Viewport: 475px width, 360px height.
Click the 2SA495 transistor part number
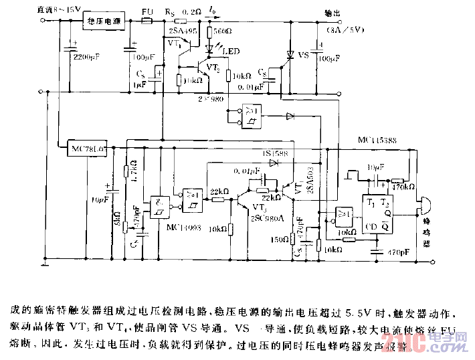tap(182, 31)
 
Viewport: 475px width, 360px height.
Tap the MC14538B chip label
tap(378, 141)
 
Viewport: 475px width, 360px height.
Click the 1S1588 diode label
tap(274, 154)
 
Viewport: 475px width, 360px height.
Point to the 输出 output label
tap(332, 12)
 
